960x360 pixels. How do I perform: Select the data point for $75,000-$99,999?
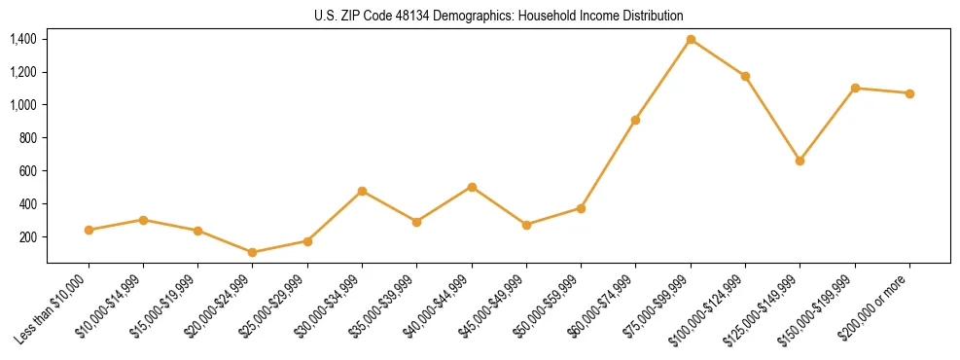[x=691, y=39]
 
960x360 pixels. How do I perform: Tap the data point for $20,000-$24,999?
[x=253, y=252]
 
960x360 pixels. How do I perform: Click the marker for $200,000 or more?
[x=909, y=93]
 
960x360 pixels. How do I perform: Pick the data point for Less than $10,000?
[x=89, y=230]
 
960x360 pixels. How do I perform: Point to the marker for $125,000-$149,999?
[x=800, y=161]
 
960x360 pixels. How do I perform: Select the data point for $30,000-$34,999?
[x=362, y=191]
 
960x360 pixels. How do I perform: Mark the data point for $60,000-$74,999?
[x=635, y=120]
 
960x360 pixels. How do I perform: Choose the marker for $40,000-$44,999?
[x=472, y=187]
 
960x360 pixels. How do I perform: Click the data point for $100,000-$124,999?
[x=745, y=76]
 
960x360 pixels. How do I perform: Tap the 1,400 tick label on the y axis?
[x=23, y=39]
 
